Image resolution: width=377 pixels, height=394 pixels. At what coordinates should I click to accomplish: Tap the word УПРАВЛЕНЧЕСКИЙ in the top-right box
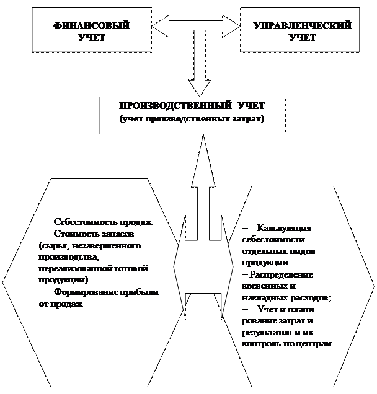coord(303,26)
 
